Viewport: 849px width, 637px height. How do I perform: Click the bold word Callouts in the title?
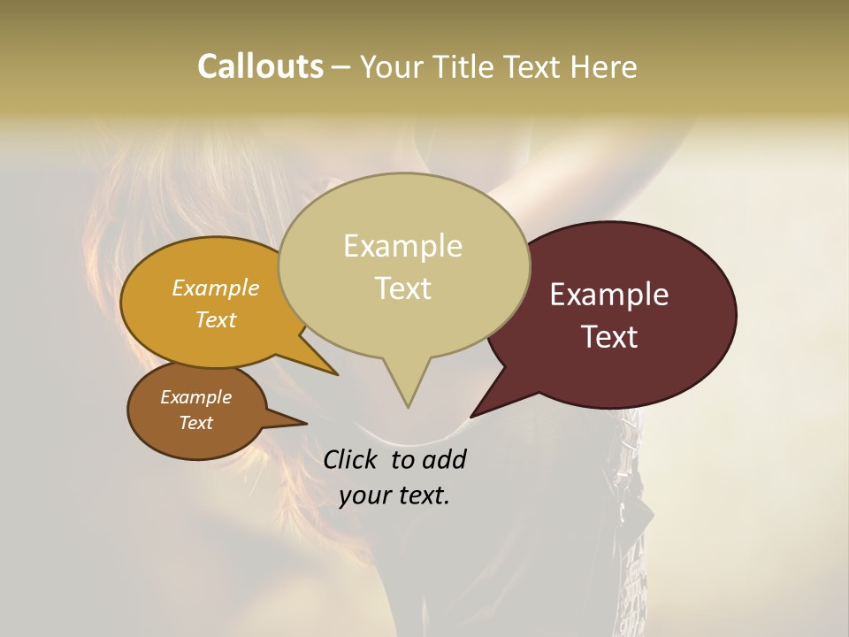click(x=260, y=66)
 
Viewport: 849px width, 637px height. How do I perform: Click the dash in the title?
click(x=341, y=67)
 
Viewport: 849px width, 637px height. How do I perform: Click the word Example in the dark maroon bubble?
click(x=609, y=295)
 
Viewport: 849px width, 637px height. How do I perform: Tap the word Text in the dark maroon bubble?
click(x=610, y=337)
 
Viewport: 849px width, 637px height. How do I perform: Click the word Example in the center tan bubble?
click(x=402, y=246)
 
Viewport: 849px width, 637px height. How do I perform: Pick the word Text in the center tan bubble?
click(x=403, y=288)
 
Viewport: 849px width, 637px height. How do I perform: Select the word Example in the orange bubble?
click(x=216, y=288)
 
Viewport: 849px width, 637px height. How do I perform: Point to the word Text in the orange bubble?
click(x=216, y=319)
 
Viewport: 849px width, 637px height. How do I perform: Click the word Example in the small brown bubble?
click(x=195, y=397)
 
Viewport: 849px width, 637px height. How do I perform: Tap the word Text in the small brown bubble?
click(x=196, y=423)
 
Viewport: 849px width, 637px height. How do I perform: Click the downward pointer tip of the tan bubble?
click(x=408, y=406)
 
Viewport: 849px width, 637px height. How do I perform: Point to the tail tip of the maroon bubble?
click(x=471, y=416)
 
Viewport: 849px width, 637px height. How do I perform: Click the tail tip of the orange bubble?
click(x=337, y=374)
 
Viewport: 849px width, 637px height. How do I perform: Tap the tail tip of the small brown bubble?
click(x=306, y=424)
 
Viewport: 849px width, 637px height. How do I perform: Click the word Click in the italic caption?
click(x=350, y=460)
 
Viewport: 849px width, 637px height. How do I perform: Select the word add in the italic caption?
click(x=444, y=460)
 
